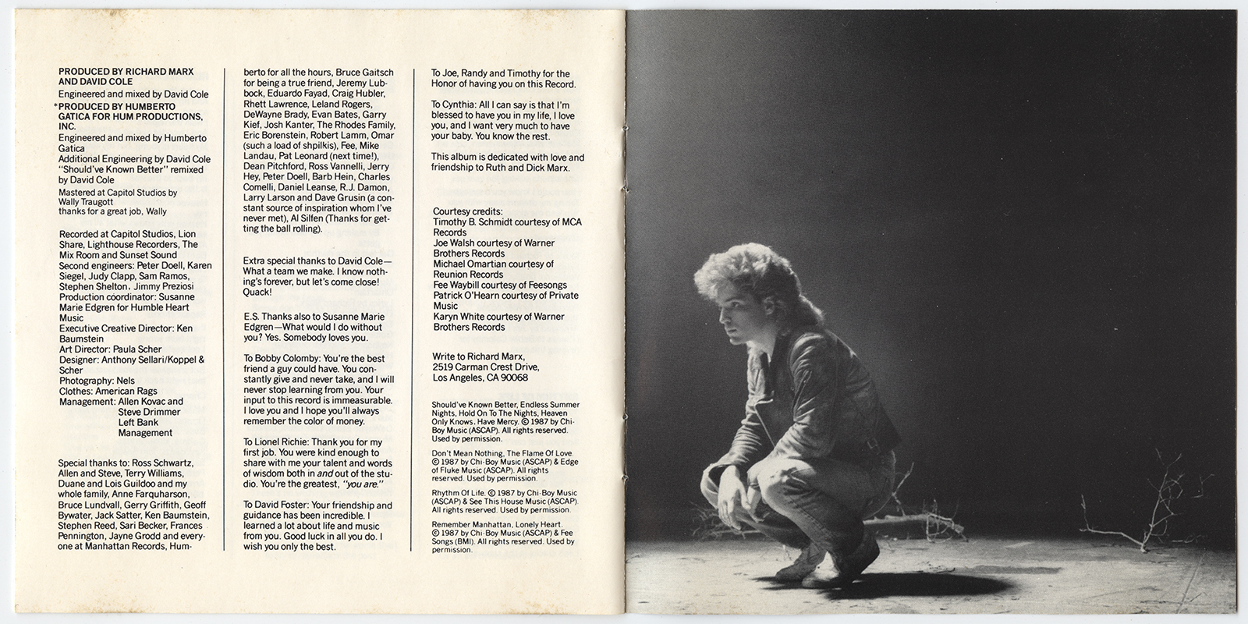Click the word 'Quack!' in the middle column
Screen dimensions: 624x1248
click(x=257, y=292)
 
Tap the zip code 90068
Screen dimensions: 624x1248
click(x=512, y=378)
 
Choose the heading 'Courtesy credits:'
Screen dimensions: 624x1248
click(x=468, y=211)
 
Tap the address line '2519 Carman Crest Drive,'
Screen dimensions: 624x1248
click(x=485, y=367)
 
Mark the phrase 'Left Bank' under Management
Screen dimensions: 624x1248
click(x=138, y=423)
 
